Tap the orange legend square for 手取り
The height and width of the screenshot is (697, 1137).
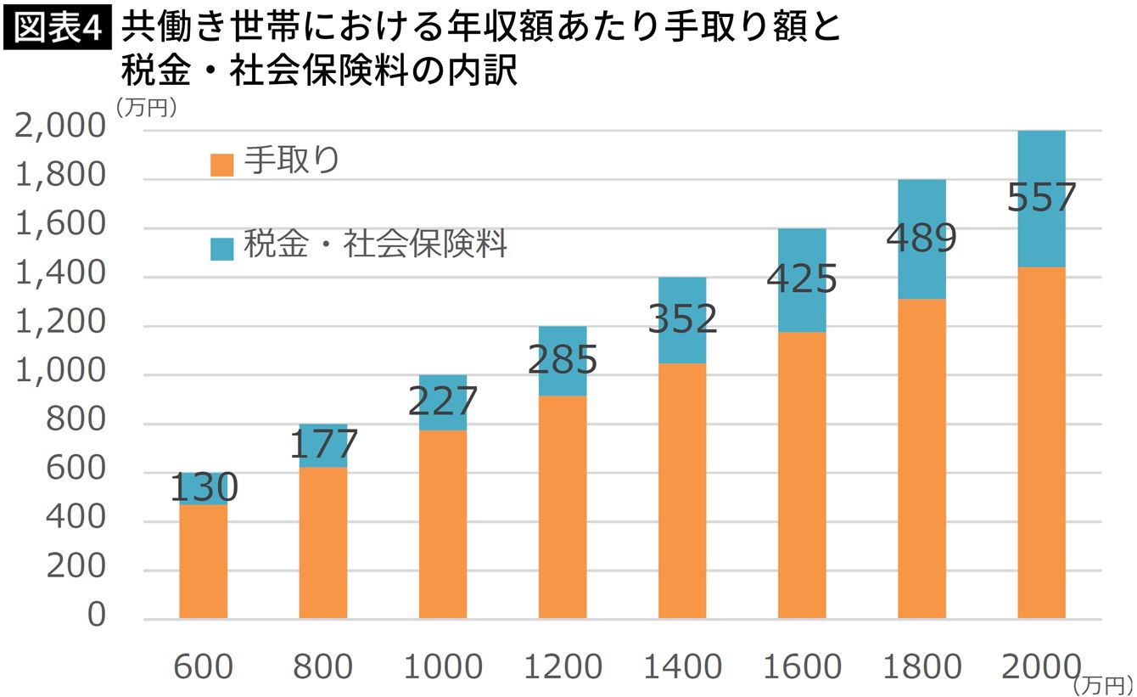pos(221,165)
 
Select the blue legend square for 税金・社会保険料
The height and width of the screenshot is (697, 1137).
pos(221,249)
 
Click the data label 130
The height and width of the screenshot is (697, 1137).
pos(204,488)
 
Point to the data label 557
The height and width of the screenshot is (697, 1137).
pos(1041,198)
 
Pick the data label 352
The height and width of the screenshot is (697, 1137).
pos(682,319)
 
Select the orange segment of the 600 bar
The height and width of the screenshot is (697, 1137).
pos(204,560)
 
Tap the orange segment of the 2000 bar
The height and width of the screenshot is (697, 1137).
pos(1041,441)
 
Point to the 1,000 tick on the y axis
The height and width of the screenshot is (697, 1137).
pos(59,374)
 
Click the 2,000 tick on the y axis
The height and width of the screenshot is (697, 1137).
pos(59,129)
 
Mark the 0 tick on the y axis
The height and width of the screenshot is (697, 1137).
pos(96,615)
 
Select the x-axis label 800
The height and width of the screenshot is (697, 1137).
pos(323,667)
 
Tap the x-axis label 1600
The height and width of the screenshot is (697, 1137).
pos(802,667)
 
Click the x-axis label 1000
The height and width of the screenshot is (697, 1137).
pos(443,667)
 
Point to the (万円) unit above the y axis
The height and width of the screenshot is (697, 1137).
pos(146,107)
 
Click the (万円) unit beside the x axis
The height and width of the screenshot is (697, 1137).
pos(1103,683)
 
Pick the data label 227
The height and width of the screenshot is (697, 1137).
pos(443,402)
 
